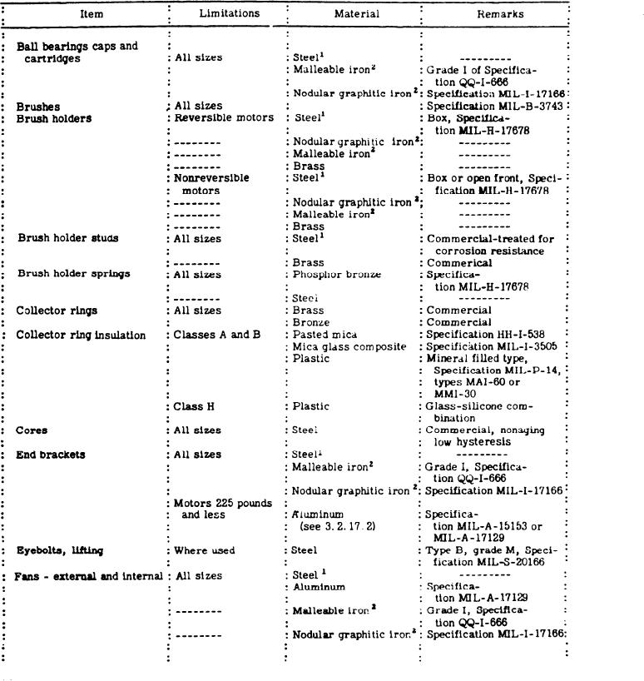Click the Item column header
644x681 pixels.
[x=92, y=14]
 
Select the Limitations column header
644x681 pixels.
[x=229, y=14]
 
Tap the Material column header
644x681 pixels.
[x=357, y=14]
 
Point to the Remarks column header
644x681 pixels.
[x=501, y=14]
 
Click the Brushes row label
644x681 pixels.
[x=38, y=107]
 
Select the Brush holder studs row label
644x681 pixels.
[x=68, y=238]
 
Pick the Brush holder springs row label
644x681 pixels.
[x=74, y=274]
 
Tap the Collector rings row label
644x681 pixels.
[x=57, y=311]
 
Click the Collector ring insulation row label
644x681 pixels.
[x=81, y=335]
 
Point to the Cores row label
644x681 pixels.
[x=32, y=430]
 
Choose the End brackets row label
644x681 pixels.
[x=51, y=455]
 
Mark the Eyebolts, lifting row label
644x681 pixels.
[x=60, y=550]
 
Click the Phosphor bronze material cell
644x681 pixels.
[x=337, y=274]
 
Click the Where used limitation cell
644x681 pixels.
[x=205, y=550]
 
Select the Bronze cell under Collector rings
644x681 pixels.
[x=312, y=322]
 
